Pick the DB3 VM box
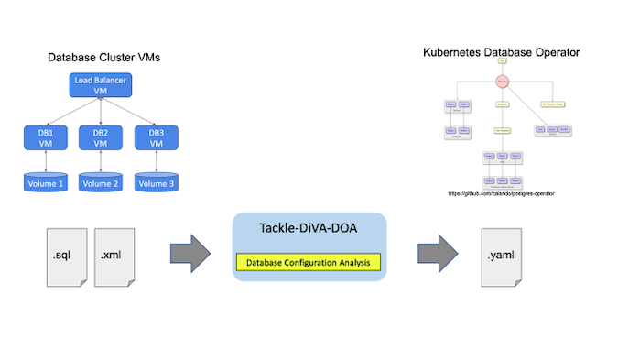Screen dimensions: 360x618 (156, 138)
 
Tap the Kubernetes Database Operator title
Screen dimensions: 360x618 (501, 52)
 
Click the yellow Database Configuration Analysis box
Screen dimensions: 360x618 (309, 264)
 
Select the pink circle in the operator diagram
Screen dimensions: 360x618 (502, 82)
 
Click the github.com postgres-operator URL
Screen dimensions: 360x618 (501, 193)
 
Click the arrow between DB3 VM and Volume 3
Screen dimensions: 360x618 (156, 161)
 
